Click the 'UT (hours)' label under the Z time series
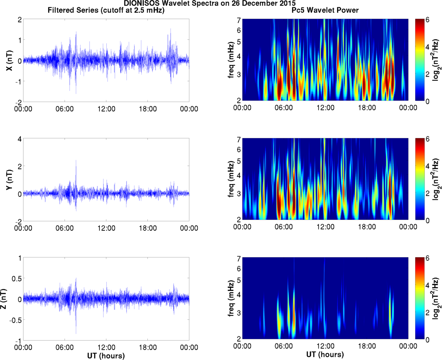[106, 356]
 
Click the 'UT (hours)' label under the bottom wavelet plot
[325, 355]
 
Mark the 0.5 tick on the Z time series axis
[16, 279]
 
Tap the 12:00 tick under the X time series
[106, 109]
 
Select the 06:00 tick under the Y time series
[65, 228]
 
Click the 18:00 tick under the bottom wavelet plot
[367, 346]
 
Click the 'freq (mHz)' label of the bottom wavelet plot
[231, 299]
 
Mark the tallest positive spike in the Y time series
[76, 161]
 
